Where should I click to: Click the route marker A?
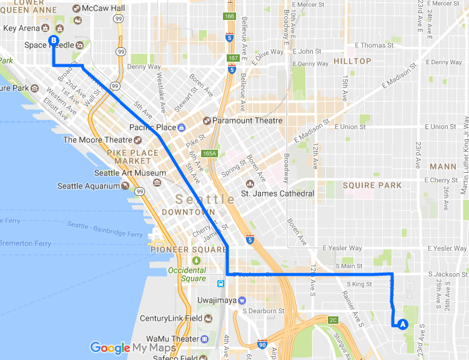[402, 324]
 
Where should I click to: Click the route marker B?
[54, 41]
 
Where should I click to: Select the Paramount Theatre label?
[247, 120]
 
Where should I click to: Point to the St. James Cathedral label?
[277, 193]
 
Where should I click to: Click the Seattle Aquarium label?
[87, 186]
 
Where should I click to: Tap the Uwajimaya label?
[260, 300]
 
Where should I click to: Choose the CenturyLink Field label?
[170, 318]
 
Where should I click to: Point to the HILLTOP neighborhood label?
[352, 61]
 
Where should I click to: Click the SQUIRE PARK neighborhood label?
[372, 185]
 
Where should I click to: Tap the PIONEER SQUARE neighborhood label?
[189, 250]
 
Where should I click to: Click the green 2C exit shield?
[333, 320]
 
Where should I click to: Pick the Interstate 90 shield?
[262, 344]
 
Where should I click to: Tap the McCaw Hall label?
[107, 8]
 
